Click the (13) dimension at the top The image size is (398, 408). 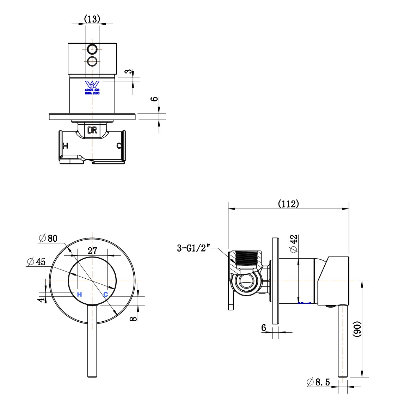92,18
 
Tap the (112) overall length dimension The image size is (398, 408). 288,204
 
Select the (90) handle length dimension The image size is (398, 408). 357,330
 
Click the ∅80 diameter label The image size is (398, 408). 48,239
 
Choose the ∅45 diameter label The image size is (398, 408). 36,262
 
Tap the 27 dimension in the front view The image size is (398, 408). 92,251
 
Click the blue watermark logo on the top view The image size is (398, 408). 92,85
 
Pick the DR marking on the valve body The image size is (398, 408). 92,130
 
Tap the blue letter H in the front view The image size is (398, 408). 79,294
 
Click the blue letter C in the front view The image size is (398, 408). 105,294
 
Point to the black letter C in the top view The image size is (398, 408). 119,146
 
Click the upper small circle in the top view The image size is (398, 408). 92,49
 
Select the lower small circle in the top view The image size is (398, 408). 92,61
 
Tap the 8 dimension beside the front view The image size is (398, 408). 133,319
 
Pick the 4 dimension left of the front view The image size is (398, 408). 42,300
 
